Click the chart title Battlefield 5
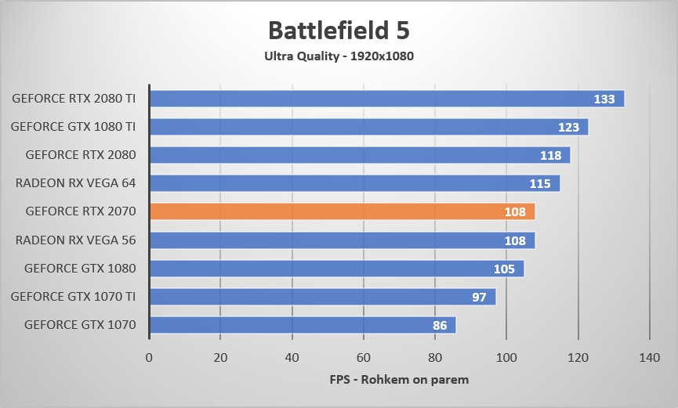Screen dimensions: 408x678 339,31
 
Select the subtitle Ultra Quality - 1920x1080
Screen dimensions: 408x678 339,56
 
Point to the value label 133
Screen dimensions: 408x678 604,99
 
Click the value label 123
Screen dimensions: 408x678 568,128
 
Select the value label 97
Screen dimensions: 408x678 479,297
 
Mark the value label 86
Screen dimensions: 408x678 440,325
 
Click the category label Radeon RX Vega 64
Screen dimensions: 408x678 75,183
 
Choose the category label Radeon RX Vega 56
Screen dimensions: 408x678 75,240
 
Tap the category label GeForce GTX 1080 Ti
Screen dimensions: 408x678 74,127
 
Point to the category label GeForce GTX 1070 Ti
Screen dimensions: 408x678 74,296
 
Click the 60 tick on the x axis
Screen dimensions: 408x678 364,358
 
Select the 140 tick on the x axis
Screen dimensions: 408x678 650,358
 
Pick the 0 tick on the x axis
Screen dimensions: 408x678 149,358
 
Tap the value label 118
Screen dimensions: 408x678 550,156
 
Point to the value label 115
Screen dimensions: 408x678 540,184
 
